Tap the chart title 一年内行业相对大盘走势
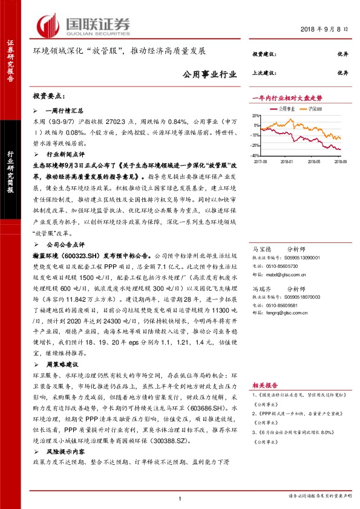tap(286, 98)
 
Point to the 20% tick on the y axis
tap(257, 115)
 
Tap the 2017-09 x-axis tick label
tap(261, 162)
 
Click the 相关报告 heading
tap(264, 384)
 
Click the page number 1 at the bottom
tap(180, 498)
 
